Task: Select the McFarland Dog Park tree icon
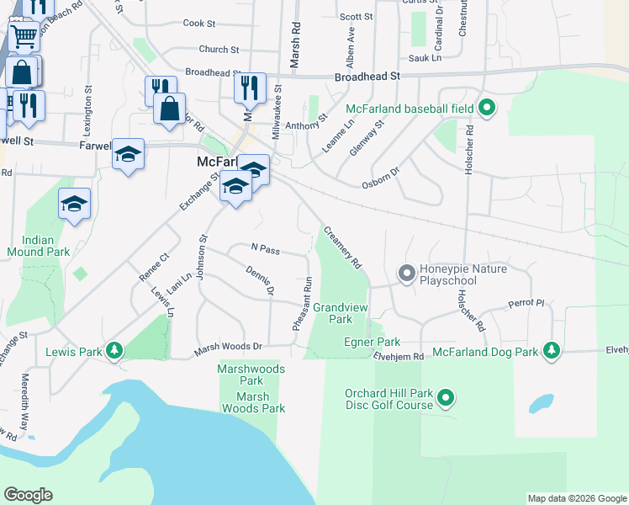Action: point(551,350)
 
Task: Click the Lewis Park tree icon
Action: point(115,350)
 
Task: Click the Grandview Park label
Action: point(340,313)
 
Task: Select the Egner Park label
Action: point(372,342)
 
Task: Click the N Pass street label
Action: point(265,249)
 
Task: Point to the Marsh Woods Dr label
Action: point(230,346)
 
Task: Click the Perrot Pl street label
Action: point(527,303)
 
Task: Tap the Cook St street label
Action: point(200,24)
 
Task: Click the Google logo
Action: point(28,495)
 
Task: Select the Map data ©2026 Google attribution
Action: point(576,498)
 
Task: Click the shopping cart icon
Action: point(24,36)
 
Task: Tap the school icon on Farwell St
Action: point(128,154)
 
